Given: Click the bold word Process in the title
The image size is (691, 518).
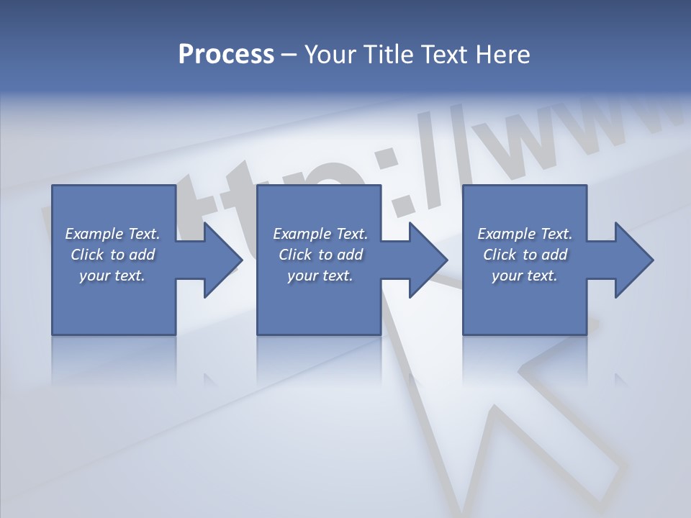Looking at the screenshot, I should [226, 55].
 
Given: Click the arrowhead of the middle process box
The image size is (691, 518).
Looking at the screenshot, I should [428, 260].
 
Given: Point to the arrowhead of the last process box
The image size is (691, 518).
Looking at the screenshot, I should [633, 260].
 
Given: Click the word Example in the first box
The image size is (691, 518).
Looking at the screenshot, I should [94, 234].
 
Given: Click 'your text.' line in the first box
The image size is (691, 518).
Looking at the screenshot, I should [112, 276].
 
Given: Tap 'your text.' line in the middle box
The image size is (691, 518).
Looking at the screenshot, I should [320, 276].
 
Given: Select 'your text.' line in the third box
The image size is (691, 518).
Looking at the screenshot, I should [525, 276].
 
